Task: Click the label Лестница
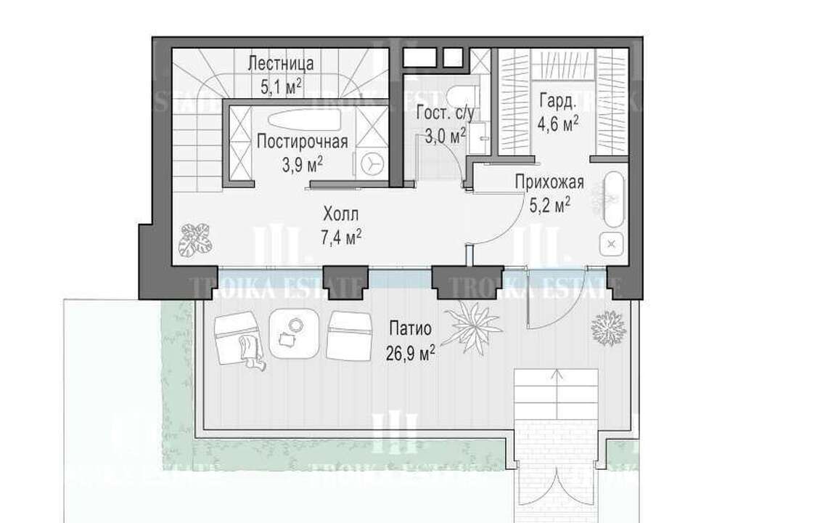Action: coord(281,63)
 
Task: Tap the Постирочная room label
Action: coord(303,142)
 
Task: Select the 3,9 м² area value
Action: coord(303,164)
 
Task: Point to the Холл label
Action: coord(341,214)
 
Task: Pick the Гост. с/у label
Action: coord(445,113)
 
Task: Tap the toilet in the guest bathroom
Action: coord(463,96)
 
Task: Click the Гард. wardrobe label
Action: coord(557,102)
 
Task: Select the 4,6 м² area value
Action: coord(557,123)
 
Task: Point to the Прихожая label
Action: coord(549,182)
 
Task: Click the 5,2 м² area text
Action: coord(549,205)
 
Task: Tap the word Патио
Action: coord(411,329)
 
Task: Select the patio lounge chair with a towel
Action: coord(239,338)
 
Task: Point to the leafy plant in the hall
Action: coord(194,239)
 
